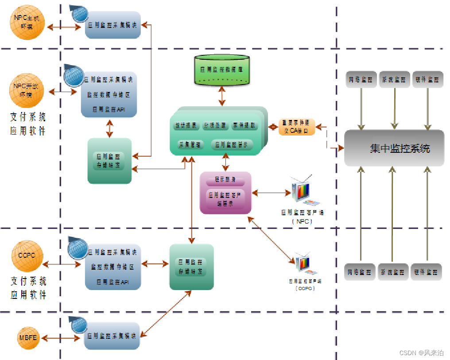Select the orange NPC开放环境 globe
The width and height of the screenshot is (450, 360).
pyautogui.click(x=26, y=90)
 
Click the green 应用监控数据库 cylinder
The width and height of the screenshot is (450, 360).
pyautogui.click(x=221, y=70)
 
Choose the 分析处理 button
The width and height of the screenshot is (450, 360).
pyautogui.click(x=215, y=126)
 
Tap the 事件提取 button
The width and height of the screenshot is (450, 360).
pyautogui.click(x=244, y=126)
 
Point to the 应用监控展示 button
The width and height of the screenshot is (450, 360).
pyautogui.click(x=233, y=144)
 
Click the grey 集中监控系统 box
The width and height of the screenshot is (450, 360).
pyautogui.click(x=394, y=148)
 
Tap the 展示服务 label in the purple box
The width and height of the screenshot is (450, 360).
pyautogui.click(x=225, y=180)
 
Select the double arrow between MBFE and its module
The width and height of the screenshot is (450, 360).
pyautogui.click(x=62, y=338)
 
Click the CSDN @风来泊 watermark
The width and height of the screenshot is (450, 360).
pyautogui.click(x=421, y=352)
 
